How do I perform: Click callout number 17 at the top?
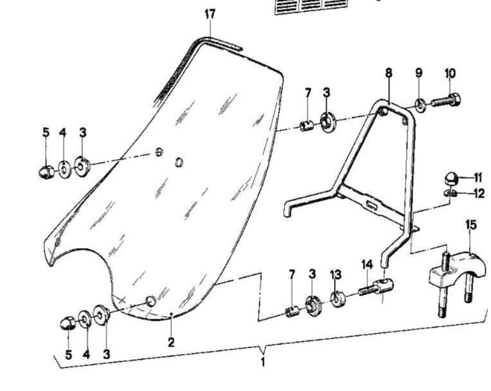pyautogui.click(x=210, y=15)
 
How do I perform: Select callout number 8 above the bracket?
pyautogui.click(x=389, y=72)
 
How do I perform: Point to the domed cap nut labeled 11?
pyautogui.click(x=450, y=179)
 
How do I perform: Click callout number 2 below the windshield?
pyautogui.click(x=171, y=342)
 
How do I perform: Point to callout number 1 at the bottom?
pyautogui.click(x=263, y=361)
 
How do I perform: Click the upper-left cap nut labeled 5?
pyautogui.click(x=46, y=171)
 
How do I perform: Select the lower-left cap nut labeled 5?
pyautogui.click(x=68, y=324)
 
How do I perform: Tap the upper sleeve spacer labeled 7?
pyautogui.click(x=306, y=126)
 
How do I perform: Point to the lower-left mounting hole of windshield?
pyautogui.click(x=150, y=301)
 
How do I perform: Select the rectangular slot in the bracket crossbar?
pyautogui.click(x=372, y=205)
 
